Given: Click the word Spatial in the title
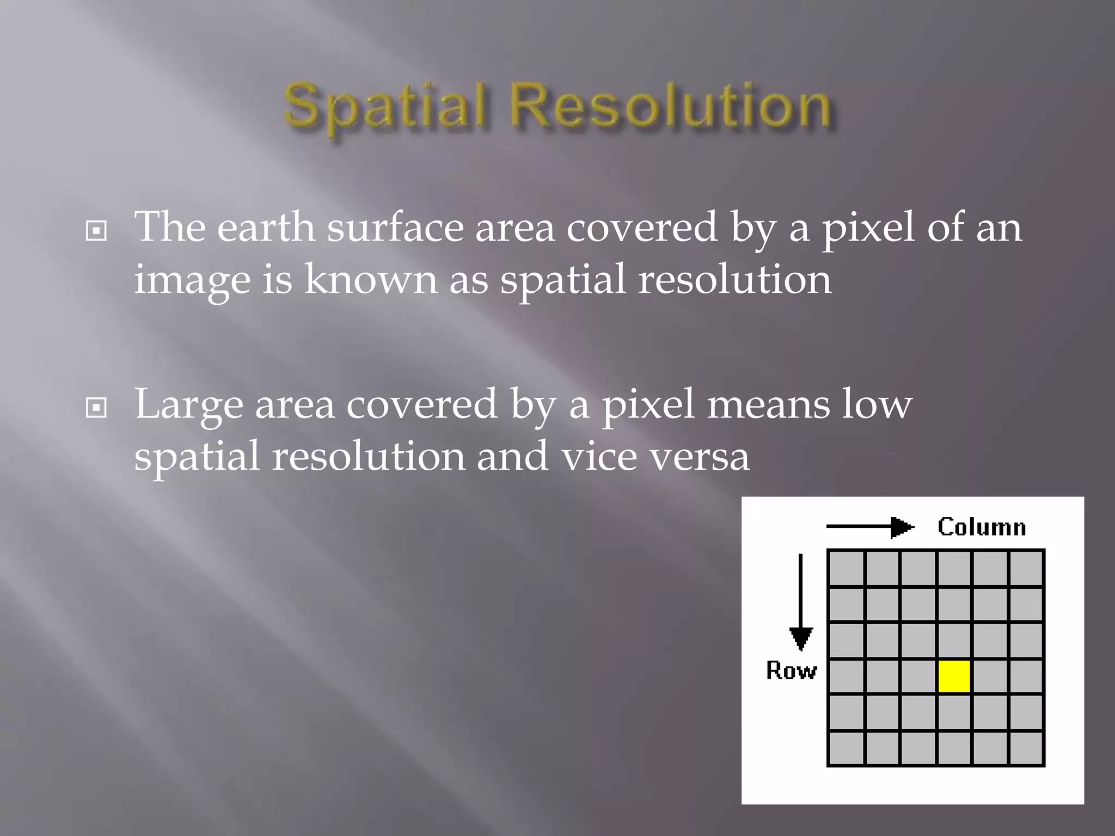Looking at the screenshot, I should pyautogui.click(x=384, y=106).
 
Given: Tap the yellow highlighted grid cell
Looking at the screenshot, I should pyautogui.click(x=954, y=676).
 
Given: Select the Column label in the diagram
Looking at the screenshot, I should pyautogui.click(x=982, y=527).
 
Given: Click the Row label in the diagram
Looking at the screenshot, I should pyautogui.click(x=791, y=671).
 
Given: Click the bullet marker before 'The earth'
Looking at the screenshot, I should pyautogui.click(x=96, y=231).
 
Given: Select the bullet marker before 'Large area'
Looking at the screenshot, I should pyautogui.click(x=96, y=407).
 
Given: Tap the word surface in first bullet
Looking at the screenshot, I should pyautogui.click(x=395, y=228).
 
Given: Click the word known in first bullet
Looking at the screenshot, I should pyautogui.click(x=370, y=280).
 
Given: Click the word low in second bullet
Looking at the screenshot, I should pyautogui.click(x=877, y=404).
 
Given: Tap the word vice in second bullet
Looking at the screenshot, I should pyautogui.click(x=599, y=456).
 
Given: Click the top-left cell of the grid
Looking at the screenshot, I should pyautogui.click(x=846, y=568).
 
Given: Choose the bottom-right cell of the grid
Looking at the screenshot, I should pyautogui.click(x=1026, y=748).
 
